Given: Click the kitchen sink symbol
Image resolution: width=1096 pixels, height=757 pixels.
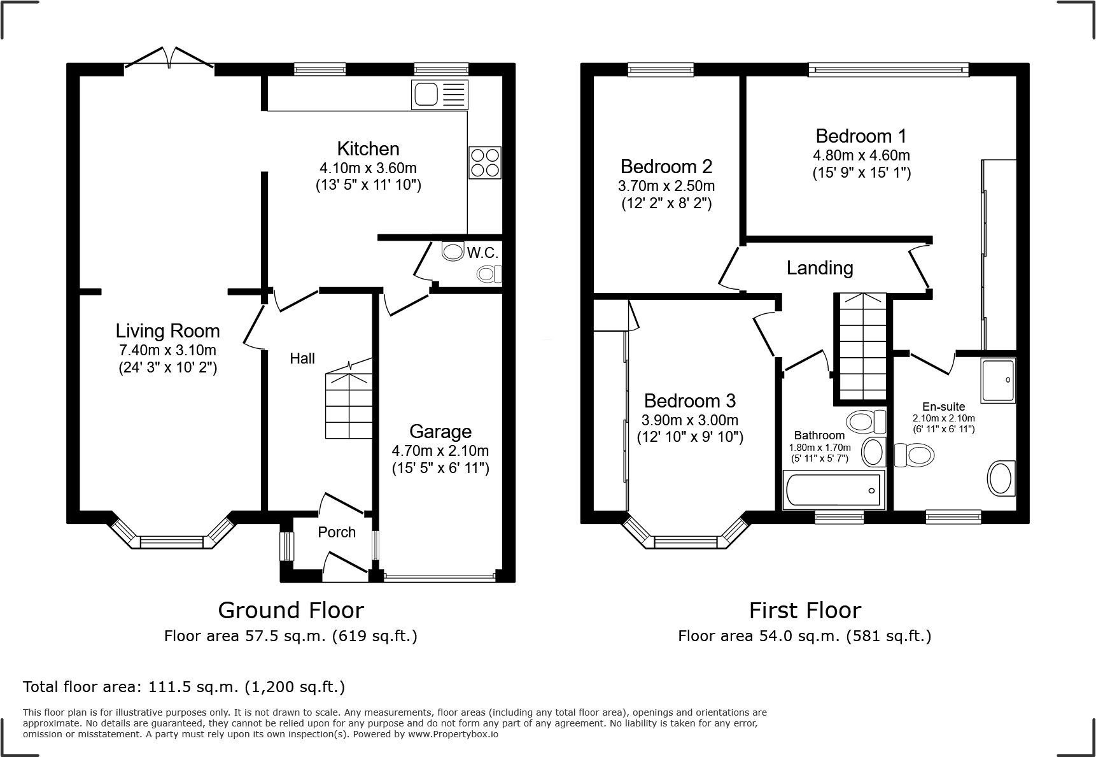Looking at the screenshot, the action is (440, 94).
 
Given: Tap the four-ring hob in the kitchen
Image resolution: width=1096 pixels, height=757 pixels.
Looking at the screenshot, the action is (484, 162).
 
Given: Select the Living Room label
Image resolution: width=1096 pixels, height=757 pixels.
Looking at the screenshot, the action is (168, 330).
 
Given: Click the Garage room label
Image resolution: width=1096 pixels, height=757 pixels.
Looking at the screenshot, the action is (440, 431).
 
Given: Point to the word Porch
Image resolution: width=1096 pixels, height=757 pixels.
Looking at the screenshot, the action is (337, 532).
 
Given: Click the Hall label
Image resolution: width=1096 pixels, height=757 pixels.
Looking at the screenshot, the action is (302, 358).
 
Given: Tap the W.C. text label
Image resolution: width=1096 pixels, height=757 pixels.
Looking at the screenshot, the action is (482, 253).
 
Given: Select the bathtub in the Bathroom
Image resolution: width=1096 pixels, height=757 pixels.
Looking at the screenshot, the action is (833, 490).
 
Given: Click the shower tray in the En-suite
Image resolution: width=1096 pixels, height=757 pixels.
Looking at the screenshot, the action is (999, 380).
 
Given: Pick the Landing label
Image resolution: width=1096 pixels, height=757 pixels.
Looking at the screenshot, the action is (820, 268).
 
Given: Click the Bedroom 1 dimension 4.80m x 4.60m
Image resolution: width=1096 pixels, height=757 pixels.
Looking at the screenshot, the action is (861, 155).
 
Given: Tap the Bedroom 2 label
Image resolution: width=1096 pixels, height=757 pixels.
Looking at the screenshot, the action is (666, 166).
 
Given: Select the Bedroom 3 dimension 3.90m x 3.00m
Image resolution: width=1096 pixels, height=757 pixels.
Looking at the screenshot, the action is (690, 420).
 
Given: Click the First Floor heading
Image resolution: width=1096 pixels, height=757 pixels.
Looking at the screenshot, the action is (804, 611).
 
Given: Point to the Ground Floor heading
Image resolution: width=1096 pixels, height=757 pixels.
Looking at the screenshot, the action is (291, 611).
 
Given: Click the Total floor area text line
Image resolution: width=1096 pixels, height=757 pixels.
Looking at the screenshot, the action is (184, 687).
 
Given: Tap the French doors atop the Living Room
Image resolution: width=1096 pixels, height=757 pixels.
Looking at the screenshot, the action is (169, 56).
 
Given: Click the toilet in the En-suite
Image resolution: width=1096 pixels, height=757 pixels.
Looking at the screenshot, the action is (914, 455).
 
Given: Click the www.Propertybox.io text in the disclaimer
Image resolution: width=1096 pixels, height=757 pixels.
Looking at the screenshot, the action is (453, 734).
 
